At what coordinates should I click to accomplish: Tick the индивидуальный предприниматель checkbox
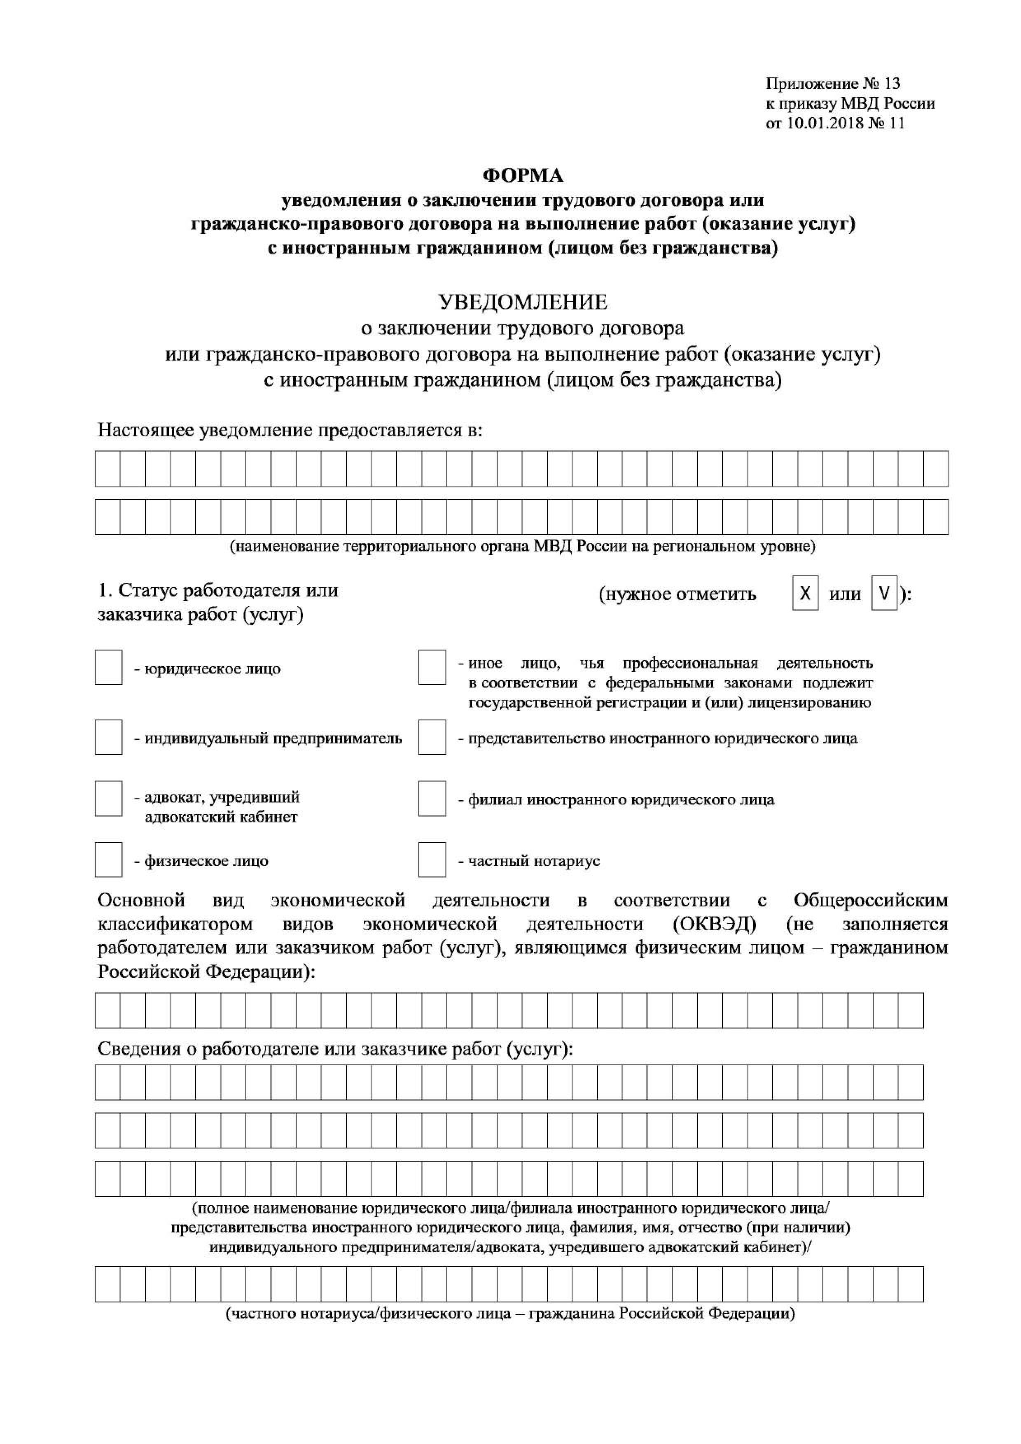108,737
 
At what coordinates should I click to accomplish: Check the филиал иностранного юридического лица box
432,798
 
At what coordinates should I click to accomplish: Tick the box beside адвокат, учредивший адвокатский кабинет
108,798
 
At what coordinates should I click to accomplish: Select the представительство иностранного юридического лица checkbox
432,737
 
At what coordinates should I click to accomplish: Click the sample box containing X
805,593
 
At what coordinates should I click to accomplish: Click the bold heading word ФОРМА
522,175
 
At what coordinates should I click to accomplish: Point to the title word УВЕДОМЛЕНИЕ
522,302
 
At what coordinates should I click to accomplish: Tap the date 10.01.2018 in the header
825,123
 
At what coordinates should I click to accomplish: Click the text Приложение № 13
832,84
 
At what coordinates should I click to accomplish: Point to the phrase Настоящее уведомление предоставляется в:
290,430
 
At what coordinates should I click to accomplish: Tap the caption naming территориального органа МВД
522,546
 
